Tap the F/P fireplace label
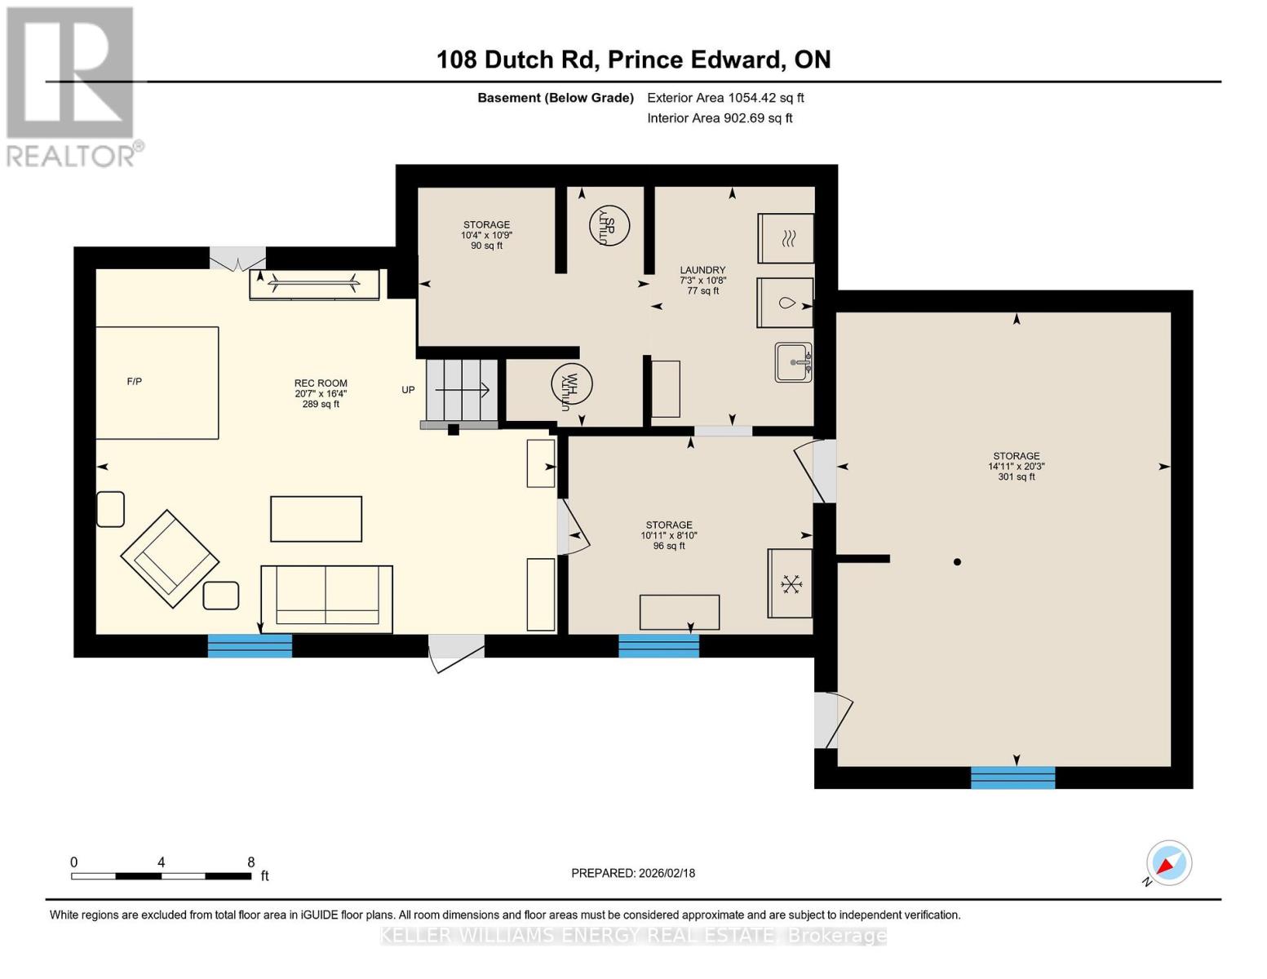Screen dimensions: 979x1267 click(135, 381)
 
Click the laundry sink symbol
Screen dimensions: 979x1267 click(793, 362)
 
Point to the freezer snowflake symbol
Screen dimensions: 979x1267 click(790, 583)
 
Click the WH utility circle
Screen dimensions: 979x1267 click(571, 383)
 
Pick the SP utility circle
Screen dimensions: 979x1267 click(609, 224)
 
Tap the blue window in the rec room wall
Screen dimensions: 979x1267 click(250, 645)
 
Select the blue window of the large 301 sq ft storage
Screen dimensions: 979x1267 click(1012, 777)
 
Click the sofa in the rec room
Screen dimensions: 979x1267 click(326, 599)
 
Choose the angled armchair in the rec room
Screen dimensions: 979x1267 click(170, 558)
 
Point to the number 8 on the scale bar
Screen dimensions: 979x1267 click(250, 862)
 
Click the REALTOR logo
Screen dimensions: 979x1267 click(71, 86)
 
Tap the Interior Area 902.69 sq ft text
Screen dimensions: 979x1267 click(720, 117)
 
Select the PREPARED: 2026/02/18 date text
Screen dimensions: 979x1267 click(633, 873)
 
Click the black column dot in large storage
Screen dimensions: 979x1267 click(957, 561)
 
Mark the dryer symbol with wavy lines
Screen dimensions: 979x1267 click(786, 238)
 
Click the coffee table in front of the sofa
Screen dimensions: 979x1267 click(316, 519)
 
